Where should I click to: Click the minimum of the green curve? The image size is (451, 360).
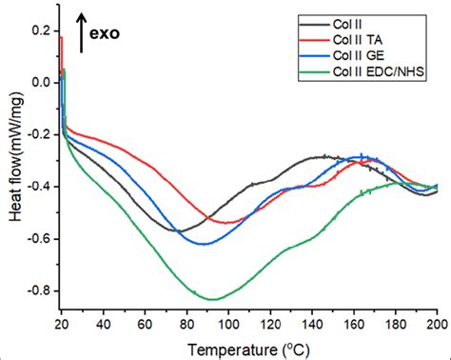211,299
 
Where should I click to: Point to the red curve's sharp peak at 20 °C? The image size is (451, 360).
61,38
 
